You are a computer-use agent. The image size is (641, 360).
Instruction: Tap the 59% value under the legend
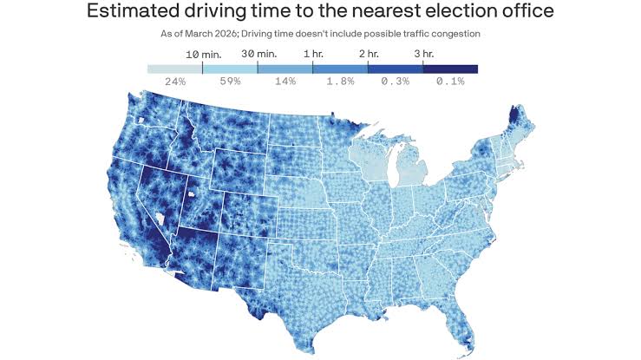point(230,81)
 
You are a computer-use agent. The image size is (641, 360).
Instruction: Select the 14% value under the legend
point(285,81)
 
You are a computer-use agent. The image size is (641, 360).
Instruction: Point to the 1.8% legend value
point(340,81)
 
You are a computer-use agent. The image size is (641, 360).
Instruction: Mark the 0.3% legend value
point(396,81)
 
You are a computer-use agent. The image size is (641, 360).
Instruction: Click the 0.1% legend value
point(450,81)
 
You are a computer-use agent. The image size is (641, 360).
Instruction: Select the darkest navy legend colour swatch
point(450,68)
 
